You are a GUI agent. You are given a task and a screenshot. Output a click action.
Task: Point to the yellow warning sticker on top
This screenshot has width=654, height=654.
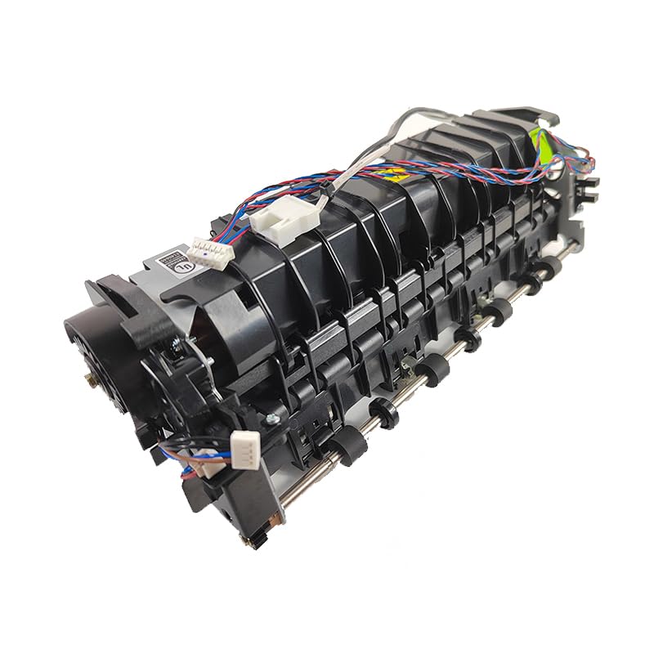pos(397,173)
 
